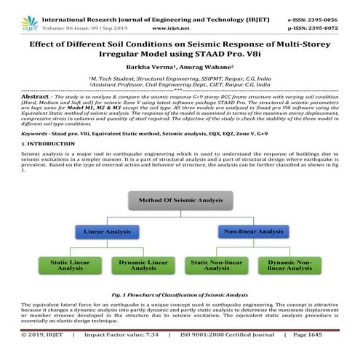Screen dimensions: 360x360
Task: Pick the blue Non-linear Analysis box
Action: click(255, 232)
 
